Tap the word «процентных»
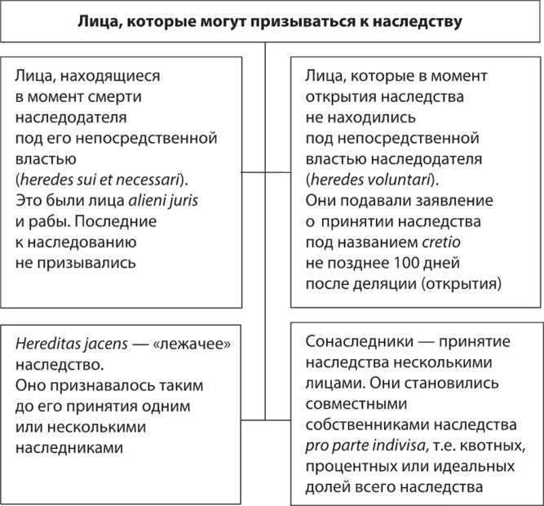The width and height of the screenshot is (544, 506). pyautogui.click(x=343, y=468)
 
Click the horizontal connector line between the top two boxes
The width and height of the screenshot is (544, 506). pyautogui.click(x=266, y=173)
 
